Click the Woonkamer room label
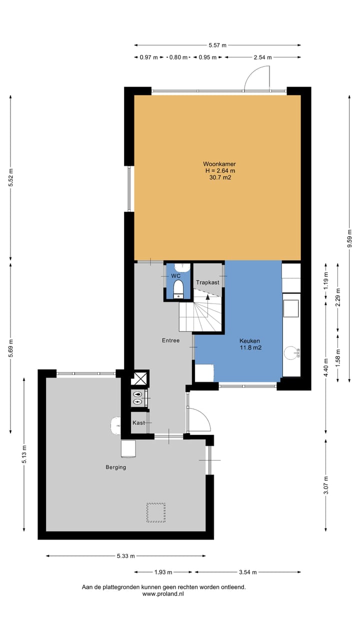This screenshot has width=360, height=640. point(219,164)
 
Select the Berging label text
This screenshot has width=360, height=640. point(115,467)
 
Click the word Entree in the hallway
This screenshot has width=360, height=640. point(170,340)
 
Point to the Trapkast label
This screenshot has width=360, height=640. point(207,282)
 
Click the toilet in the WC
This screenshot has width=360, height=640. point(177,289)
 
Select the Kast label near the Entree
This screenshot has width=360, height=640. point(138,423)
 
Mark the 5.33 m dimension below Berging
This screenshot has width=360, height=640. point(125,555)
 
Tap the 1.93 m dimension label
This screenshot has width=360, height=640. point(163,572)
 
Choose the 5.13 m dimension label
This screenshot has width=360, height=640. point(24,454)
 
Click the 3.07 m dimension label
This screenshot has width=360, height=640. point(326,485)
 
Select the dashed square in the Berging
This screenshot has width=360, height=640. point(155,512)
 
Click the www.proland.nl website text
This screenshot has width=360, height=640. point(163,594)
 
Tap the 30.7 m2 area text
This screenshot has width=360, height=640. point(219,177)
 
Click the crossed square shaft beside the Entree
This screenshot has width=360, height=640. point(140,378)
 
